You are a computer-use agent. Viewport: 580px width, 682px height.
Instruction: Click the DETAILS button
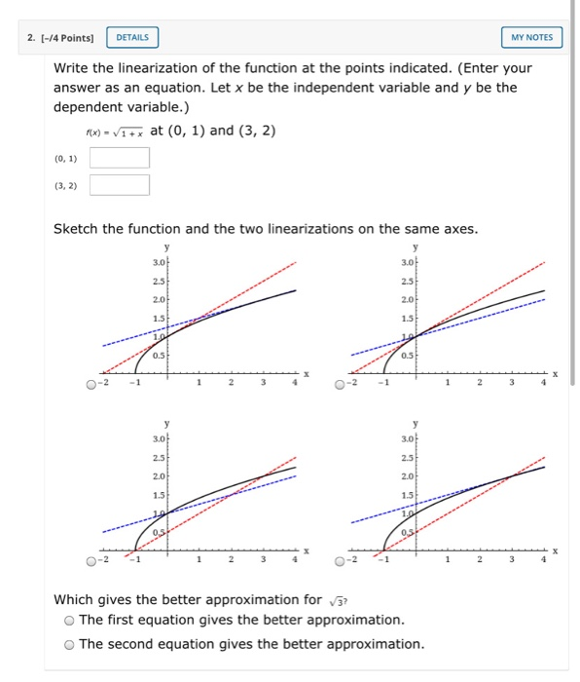(132, 37)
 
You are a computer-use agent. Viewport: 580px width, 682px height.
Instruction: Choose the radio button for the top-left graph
(91, 385)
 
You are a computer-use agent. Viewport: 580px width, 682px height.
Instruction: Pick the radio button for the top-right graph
(339, 385)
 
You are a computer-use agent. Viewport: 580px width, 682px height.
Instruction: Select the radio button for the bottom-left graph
(91, 560)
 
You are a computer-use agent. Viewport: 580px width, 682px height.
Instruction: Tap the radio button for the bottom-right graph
(339, 560)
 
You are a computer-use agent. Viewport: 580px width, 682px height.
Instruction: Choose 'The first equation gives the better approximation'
(69, 620)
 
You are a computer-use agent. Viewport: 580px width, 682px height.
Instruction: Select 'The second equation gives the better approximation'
(69, 644)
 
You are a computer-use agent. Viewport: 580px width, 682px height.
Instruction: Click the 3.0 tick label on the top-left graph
(160, 262)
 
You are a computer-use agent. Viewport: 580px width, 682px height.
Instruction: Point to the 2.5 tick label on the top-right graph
(407, 283)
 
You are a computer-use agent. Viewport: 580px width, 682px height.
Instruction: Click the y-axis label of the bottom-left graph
(167, 424)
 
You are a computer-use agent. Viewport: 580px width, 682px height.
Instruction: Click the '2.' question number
(31, 37)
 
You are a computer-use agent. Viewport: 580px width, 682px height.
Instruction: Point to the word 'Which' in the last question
(77, 599)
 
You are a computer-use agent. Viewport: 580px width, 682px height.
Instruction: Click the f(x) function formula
(116, 131)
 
